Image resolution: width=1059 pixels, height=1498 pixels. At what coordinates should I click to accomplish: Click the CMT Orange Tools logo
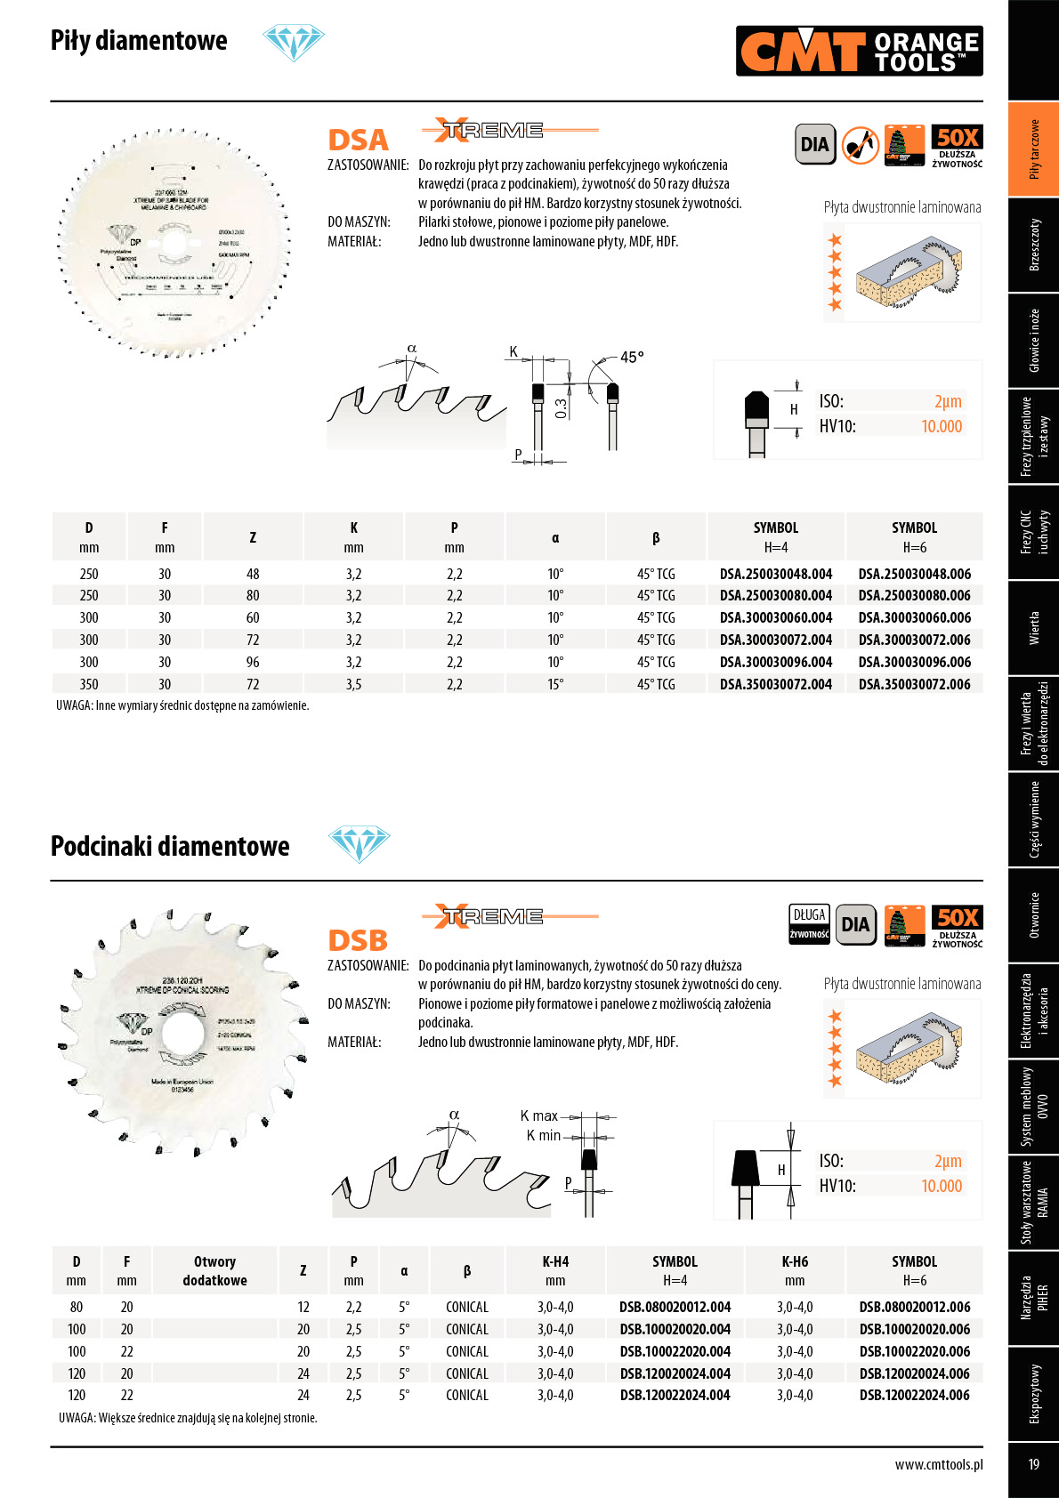pos(860,51)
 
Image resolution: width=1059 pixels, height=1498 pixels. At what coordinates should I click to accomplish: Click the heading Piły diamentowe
pos(139,41)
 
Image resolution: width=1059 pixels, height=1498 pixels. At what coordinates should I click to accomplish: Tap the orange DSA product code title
pos(359,141)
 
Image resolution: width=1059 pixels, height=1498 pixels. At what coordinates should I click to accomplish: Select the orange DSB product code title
pos(358,941)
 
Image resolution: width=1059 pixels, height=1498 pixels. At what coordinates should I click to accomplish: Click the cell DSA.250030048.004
pos(776,575)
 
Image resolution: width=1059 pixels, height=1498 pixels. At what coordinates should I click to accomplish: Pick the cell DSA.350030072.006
pos(914,685)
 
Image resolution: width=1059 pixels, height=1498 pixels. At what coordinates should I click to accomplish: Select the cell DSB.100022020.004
pos(675,1352)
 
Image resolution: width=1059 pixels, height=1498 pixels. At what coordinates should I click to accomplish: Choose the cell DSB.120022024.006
pos(914,1396)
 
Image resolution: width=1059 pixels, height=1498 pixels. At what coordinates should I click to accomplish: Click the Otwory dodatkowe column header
pos(214,1271)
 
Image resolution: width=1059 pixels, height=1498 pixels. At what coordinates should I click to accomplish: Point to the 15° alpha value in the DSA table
pos(555,685)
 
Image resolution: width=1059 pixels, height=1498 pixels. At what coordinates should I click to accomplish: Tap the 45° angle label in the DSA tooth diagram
pos(632,358)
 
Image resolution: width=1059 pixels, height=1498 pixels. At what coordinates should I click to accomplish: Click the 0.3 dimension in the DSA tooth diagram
pos(561,408)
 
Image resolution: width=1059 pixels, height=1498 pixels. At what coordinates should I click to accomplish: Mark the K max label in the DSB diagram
pos(538,1116)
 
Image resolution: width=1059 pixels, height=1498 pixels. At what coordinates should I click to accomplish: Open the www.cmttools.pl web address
pos(939,1465)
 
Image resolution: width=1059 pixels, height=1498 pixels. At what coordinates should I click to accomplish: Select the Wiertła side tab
pos(1033,628)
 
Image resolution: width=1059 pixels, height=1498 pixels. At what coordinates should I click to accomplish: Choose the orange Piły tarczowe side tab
pos(1033,149)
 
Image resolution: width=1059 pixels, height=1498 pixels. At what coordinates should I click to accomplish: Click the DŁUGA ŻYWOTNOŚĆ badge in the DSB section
pos(809,923)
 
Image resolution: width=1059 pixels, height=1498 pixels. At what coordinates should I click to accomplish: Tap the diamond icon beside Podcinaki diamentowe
pos(359,843)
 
